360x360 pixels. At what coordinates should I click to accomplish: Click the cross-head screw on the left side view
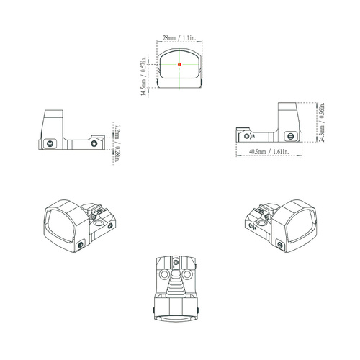pyautogui.click(x=50, y=142)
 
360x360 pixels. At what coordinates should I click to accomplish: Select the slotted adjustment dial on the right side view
pyautogui.click(x=291, y=135)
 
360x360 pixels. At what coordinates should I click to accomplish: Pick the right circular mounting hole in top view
pyautogui.click(x=189, y=274)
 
